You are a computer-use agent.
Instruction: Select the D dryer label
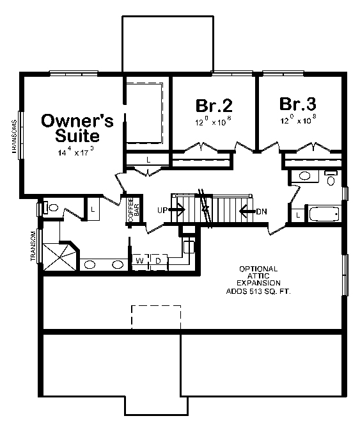coord(157,261)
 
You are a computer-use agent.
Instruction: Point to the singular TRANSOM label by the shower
coord(33,246)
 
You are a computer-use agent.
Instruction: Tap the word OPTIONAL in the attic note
coord(258,268)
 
